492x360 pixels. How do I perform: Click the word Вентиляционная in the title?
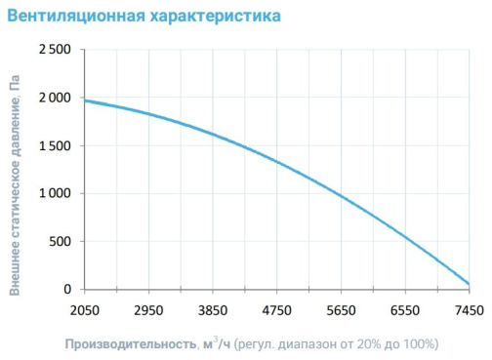[x=76, y=16]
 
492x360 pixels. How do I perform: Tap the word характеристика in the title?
[x=216, y=16]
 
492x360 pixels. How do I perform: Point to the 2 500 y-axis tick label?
[x=55, y=50]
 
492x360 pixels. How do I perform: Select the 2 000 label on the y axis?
[x=55, y=98]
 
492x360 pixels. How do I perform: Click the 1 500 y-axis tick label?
[x=55, y=145]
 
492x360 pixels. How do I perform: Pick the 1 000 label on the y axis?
[x=55, y=193]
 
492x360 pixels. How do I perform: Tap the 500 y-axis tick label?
[x=60, y=242]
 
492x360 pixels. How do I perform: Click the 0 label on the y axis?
[x=67, y=289]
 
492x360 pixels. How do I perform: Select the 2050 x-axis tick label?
[x=85, y=310]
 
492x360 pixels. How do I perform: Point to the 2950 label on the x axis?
[x=148, y=310]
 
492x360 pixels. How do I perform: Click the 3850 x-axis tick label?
[x=213, y=310]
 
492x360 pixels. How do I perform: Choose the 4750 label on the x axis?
[x=277, y=310]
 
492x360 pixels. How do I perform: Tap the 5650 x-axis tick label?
[x=341, y=310]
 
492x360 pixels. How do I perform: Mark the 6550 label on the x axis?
[x=405, y=310]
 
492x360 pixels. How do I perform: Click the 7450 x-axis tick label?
[x=470, y=310]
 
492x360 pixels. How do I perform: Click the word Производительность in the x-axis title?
[x=131, y=344]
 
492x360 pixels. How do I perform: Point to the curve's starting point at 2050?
[x=85, y=100]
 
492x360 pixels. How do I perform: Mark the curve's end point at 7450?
[x=469, y=284]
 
